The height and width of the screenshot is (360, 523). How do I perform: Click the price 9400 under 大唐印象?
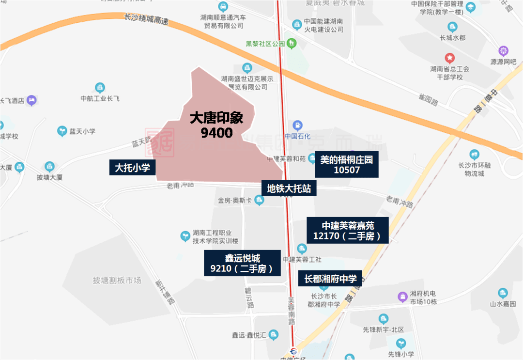216,132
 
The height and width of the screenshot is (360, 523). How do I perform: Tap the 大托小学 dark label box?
132,168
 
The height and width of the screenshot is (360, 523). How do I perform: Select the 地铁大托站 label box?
289,188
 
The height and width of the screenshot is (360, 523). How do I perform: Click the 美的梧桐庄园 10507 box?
346,164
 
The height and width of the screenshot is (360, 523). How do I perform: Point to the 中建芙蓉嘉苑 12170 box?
348,231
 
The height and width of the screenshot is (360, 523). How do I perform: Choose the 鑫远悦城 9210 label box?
242,263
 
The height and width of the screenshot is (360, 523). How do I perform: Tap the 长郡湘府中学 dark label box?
330,279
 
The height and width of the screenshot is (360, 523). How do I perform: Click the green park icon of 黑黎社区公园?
291,43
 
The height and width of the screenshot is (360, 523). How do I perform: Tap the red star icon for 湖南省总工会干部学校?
450,58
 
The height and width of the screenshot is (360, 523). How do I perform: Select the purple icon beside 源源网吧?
504,51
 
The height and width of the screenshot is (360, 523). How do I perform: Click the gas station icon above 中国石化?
297,125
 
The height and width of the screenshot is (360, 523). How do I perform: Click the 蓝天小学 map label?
82,131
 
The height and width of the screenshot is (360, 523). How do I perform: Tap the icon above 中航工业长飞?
100,88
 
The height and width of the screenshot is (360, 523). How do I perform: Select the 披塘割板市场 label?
117,280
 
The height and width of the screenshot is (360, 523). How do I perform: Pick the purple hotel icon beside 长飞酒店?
32,100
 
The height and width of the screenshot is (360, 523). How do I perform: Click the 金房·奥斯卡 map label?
235,200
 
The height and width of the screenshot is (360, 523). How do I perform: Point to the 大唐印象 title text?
216,119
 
